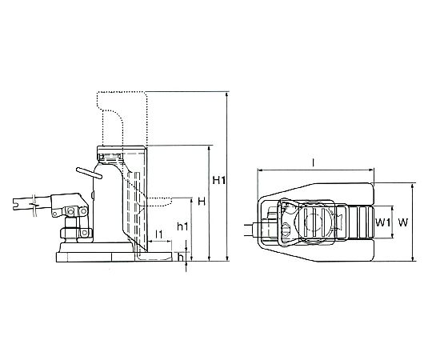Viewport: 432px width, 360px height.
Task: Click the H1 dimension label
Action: point(219,181)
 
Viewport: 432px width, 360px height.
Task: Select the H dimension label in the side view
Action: point(202,202)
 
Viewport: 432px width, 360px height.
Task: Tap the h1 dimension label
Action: point(182,226)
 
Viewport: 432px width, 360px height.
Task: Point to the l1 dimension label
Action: point(159,234)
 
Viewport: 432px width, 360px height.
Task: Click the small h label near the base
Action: point(181,258)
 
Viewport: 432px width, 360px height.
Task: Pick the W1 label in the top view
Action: point(383,222)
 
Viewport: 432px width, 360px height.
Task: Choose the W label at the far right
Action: point(402,222)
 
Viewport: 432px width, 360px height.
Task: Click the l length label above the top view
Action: point(314,162)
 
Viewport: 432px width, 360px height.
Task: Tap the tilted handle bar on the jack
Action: point(90,173)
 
